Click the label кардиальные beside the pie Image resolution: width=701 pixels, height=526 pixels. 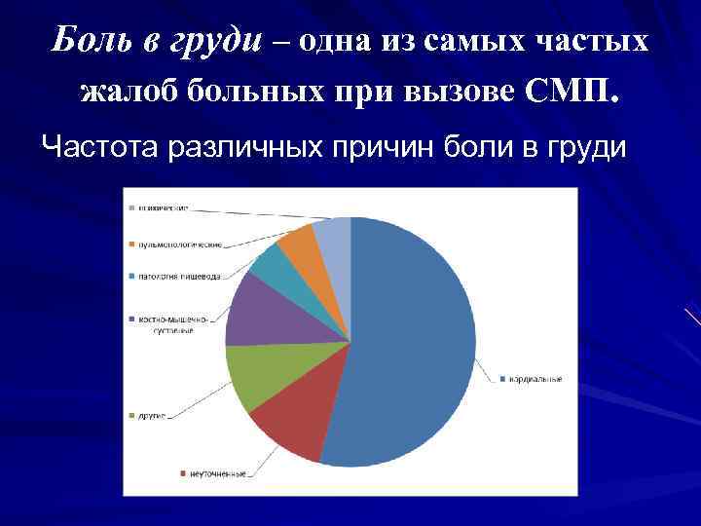[534, 378]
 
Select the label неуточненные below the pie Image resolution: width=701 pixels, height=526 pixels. [216, 474]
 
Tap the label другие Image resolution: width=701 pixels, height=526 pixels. [150, 416]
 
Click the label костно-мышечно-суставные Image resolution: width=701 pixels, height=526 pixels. [165, 324]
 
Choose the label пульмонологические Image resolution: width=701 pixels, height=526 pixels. [178, 244]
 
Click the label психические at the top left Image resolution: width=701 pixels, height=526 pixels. [162, 207]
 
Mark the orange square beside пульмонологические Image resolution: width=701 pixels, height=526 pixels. [129, 244]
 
